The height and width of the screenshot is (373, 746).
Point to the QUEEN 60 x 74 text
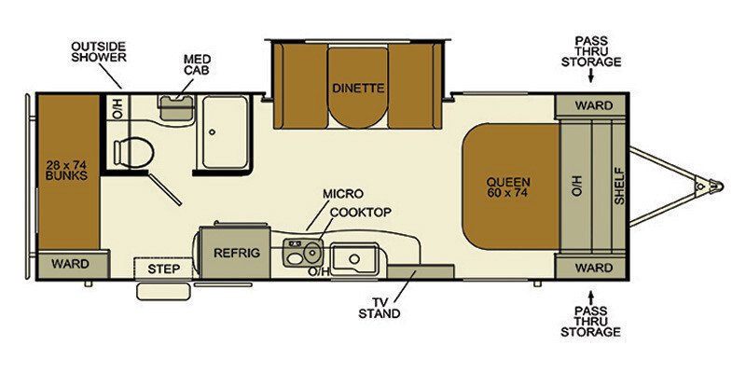tap(508, 187)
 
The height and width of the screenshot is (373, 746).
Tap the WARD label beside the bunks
tap(70, 264)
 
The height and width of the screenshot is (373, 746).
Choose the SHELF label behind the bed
tap(617, 186)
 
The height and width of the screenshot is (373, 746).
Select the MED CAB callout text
tap(197, 64)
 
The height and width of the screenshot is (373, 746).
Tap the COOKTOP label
tap(360, 212)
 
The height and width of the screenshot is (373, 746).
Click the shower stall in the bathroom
tap(221, 133)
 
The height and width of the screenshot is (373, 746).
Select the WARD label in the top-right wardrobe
tap(594, 105)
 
